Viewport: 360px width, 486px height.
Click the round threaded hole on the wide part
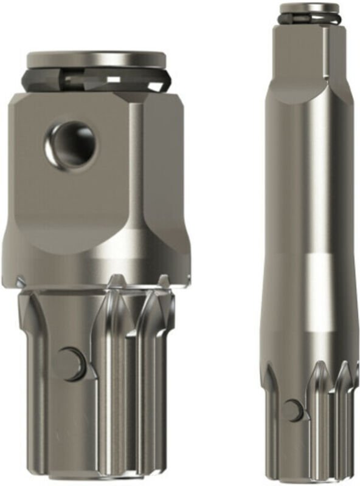(x=71, y=144)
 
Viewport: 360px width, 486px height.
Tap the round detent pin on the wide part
(x=72, y=363)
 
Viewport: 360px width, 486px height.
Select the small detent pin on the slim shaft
(x=293, y=410)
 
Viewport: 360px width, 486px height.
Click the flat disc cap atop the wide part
(x=97, y=60)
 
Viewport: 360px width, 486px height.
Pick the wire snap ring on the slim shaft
(x=310, y=17)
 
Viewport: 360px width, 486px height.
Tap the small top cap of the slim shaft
(x=310, y=8)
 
